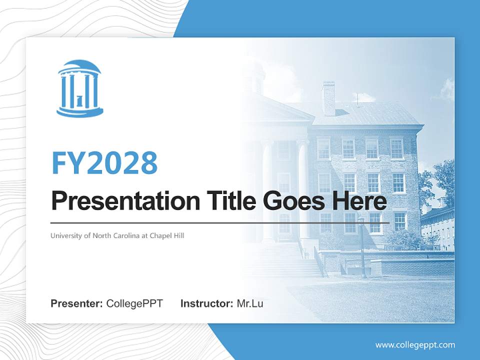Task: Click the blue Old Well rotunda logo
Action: (x=79, y=88)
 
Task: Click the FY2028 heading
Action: (x=104, y=163)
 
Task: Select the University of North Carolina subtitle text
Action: (x=117, y=235)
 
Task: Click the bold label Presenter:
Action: (x=77, y=303)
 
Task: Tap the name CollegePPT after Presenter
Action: (x=134, y=303)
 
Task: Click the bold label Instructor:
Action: (x=206, y=303)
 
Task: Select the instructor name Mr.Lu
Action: (x=250, y=303)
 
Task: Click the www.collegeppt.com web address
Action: (x=415, y=344)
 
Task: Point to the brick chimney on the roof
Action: (x=328, y=98)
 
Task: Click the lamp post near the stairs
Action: (x=362, y=247)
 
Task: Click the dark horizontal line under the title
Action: (x=220, y=222)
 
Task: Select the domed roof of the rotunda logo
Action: (x=79, y=66)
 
